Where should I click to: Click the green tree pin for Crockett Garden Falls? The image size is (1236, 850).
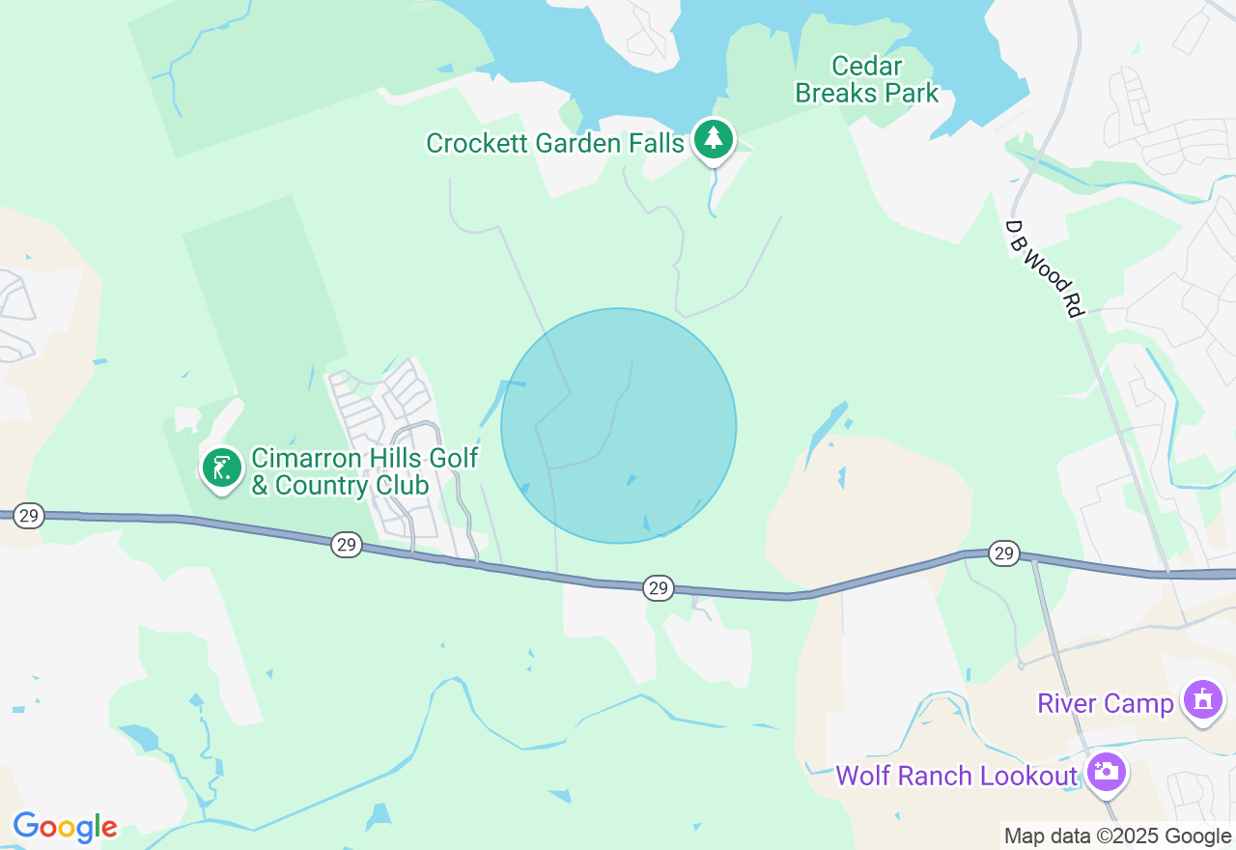tap(714, 139)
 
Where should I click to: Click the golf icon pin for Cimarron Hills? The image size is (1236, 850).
tap(223, 468)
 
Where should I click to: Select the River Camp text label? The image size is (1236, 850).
tap(1105, 703)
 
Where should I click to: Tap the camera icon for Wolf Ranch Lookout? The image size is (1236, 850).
tap(1106, 772)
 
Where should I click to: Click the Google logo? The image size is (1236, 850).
tap(65, 827)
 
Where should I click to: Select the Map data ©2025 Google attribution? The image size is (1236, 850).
tap(1117, 836)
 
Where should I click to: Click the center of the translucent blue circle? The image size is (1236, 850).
tap(619, 426)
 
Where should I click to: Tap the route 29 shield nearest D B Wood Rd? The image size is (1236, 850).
tap(1004, 553)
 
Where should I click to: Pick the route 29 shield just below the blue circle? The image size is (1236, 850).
tap(659, 587)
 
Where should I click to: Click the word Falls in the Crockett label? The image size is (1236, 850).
tap(653, 144)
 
